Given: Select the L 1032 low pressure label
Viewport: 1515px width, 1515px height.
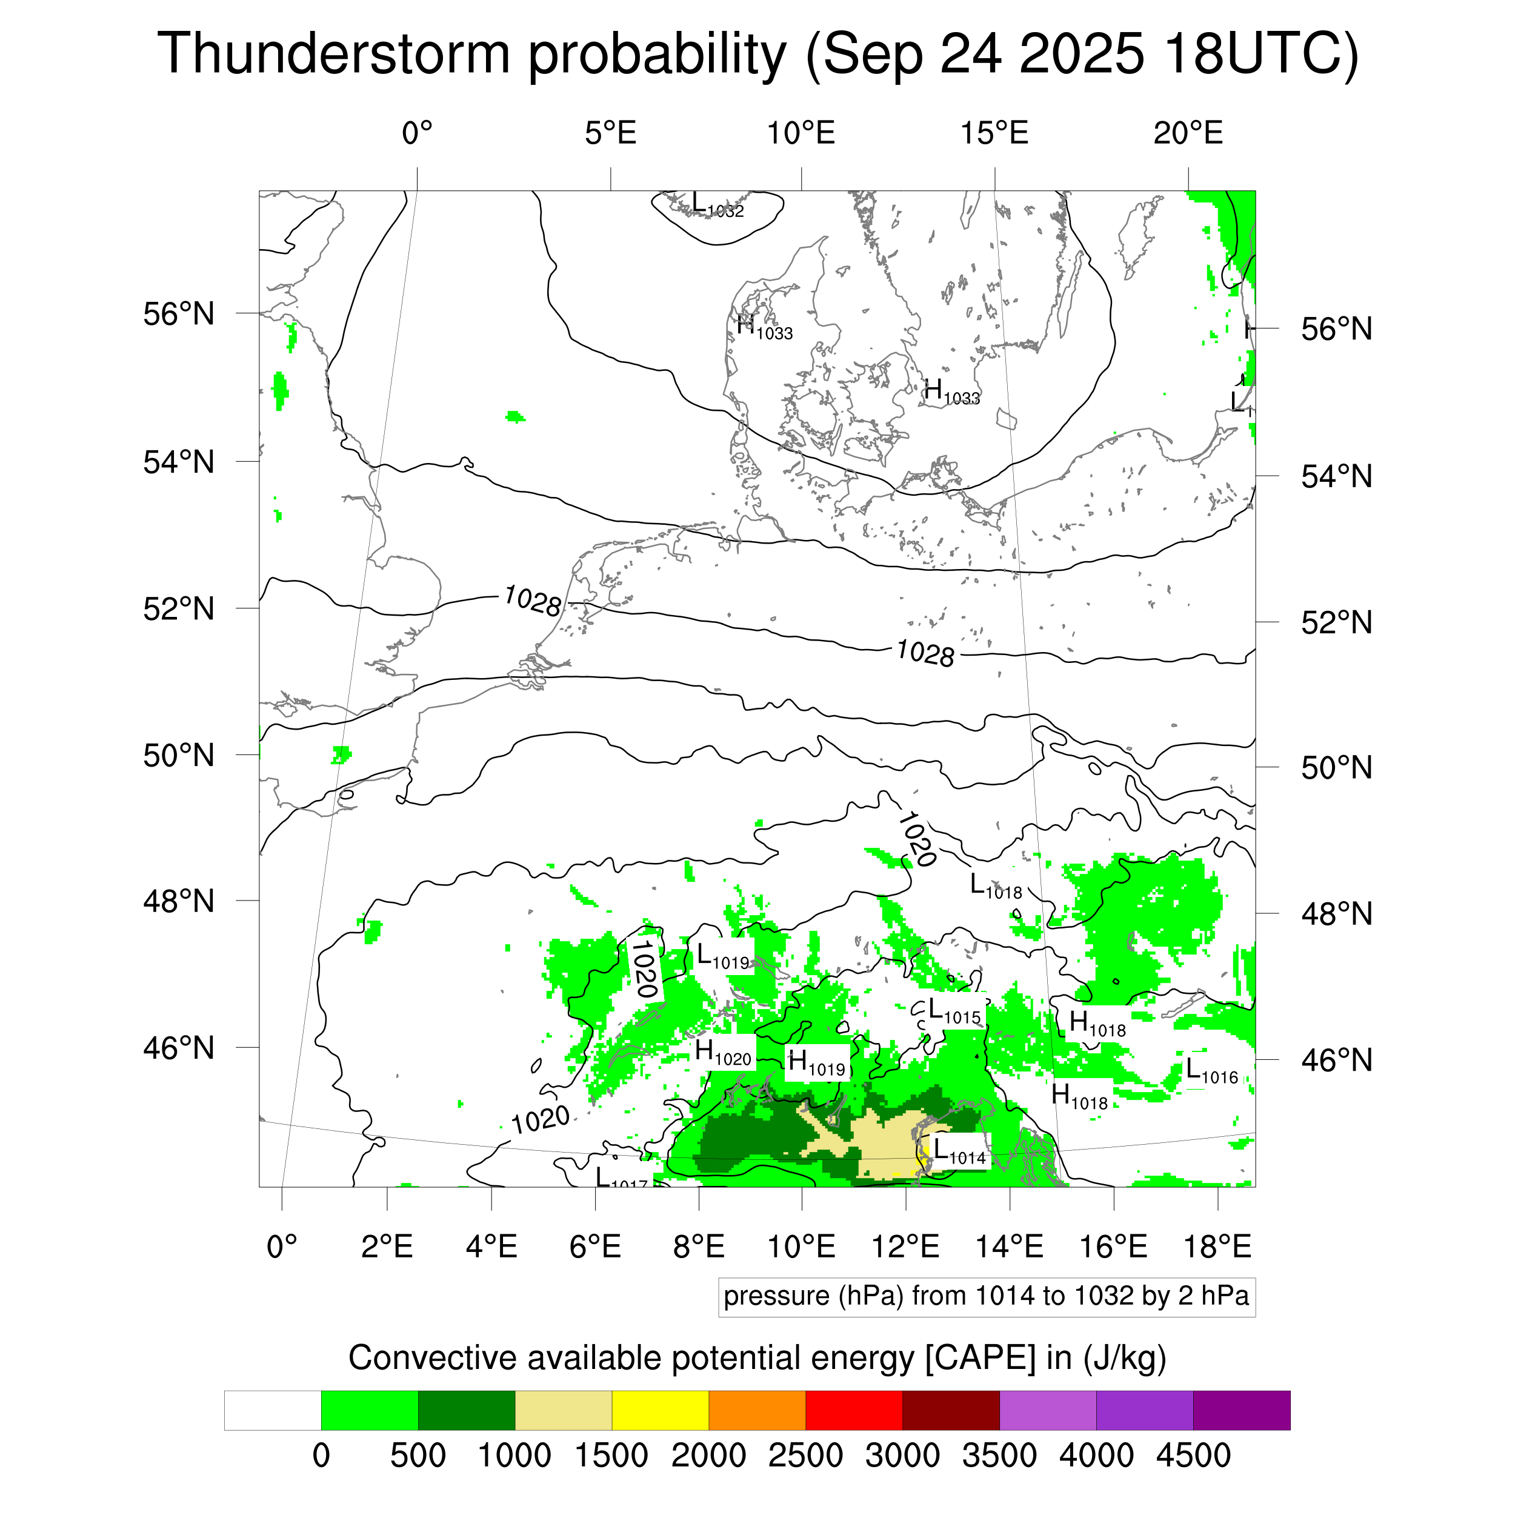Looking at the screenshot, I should click(717, 206).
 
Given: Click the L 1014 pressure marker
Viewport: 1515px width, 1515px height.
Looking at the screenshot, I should click(958, 1153).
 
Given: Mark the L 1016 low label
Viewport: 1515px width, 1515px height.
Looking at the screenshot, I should click(1211, 1072).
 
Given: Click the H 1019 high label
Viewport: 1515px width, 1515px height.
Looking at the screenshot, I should click(816, 1064).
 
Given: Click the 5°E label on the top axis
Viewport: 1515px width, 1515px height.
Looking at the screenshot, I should click(610, 133).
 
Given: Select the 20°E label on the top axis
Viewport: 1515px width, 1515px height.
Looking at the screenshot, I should click(1187, 133).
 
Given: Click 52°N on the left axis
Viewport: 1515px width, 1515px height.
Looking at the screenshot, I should click(179, 608).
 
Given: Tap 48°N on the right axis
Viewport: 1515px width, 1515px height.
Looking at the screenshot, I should click(1336, 914).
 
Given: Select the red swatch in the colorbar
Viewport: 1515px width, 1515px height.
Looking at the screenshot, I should click(853, 1411).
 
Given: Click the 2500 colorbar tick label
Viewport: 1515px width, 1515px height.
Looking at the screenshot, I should click(805, 1456).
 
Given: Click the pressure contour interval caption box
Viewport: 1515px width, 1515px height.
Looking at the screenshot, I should click(986, 1296).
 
